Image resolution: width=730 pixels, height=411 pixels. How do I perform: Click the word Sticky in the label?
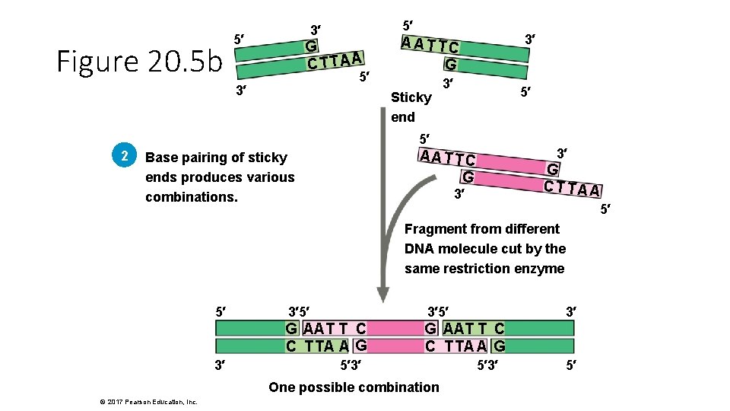click(411, 97)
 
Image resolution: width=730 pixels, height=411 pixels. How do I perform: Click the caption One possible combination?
click(354, 387)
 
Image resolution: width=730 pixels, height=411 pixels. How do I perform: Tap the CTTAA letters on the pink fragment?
click(573, 188)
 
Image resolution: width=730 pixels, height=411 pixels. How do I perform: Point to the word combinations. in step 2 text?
click(191, 197)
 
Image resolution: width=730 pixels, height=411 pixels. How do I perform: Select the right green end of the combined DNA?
click(540, 337)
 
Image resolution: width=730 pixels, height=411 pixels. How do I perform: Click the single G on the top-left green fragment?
click(311, 46)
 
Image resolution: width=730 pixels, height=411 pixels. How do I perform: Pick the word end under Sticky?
click(403, 117)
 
